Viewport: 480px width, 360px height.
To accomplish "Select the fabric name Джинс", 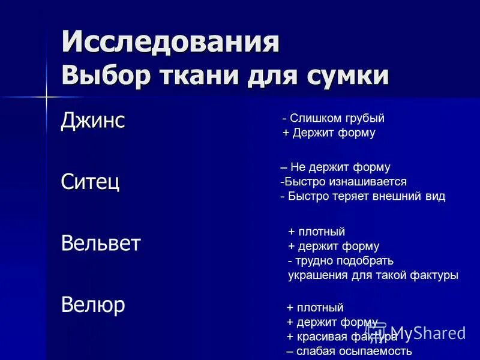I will pos(93,121).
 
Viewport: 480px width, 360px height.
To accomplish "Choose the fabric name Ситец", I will pos(91,181).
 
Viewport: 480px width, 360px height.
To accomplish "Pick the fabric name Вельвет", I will pos(101,244).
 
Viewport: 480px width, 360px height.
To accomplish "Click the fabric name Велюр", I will pos(93,305).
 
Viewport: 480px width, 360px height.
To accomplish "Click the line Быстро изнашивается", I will pos(343,181).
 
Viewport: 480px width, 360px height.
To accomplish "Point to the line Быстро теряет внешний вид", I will pos(362,196).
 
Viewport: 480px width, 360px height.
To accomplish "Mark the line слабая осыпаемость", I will pos(349,351).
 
